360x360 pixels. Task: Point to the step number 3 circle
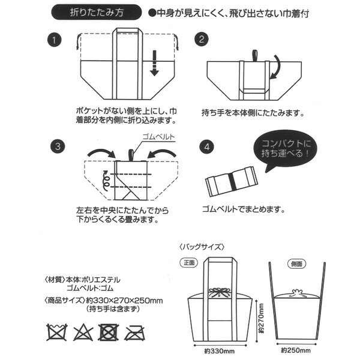(x=55, y=145)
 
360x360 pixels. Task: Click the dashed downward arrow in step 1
(x=154, y=62)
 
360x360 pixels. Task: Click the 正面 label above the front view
(x=189, y=263)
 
